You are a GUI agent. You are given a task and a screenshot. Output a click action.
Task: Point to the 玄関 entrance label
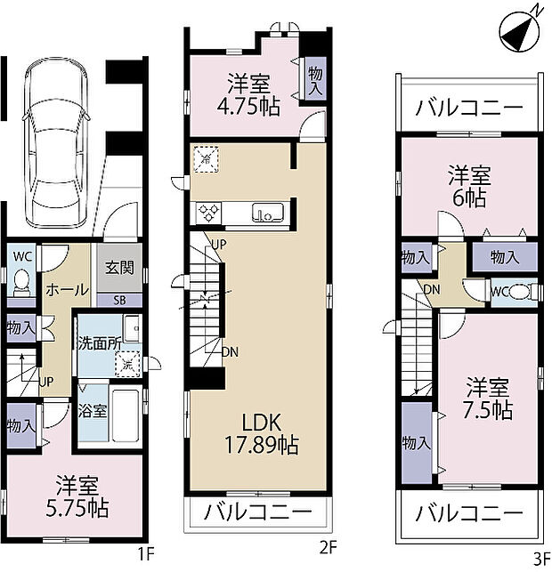[119, 267]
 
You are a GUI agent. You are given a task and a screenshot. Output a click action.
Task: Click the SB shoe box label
[119, 299]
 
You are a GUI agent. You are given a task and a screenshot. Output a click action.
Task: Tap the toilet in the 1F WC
[20, 284]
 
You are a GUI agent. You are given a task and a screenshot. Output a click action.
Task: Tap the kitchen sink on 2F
[267, 213]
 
